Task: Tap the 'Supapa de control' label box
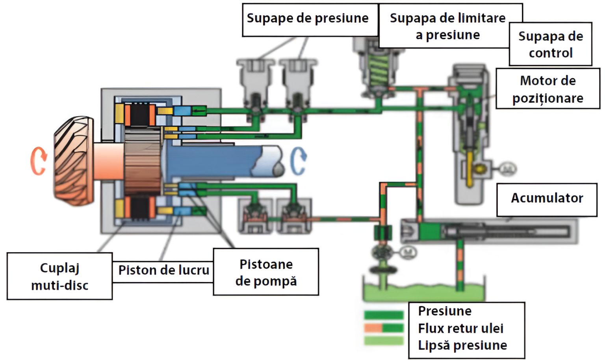click(550, 44)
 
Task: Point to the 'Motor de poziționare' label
click(547, 89)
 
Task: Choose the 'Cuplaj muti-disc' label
click(59, 276)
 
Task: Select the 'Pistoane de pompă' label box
click(266, 272)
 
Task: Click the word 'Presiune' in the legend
click(445, 312)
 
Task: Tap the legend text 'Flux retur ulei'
click(460, 328)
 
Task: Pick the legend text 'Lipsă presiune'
click(462, 346)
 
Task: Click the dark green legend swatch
click(384, 315)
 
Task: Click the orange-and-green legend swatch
click(384, 328)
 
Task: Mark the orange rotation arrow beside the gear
click(38, 161)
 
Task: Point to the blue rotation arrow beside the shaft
click(298, 161)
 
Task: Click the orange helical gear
click(73, 161)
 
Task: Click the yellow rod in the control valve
click(470, 169)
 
